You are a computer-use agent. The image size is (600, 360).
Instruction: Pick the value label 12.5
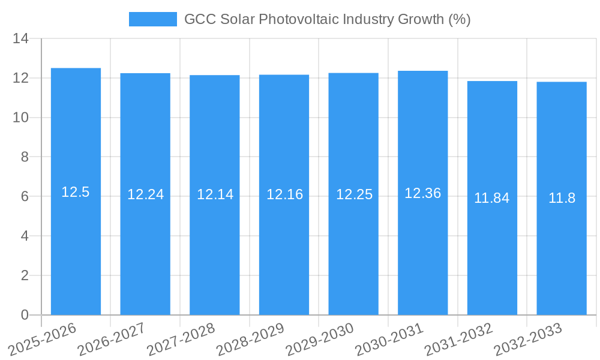click(76, 192)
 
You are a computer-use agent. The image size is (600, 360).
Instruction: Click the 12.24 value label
click(145, 194)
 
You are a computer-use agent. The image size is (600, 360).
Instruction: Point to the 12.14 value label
click(215, 194)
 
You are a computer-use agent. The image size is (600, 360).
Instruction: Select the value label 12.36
click(422, 193)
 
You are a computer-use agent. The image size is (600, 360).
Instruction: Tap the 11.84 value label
click(492, 198)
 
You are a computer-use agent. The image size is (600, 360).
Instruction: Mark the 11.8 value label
click(562, 198)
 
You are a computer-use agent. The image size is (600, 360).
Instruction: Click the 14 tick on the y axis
click(21, 39)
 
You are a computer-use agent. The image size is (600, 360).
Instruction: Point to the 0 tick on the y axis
click(25, 315)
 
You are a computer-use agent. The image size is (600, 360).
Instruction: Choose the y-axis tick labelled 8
click(25, 157)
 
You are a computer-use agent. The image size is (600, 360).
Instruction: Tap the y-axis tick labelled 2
click(25, 275)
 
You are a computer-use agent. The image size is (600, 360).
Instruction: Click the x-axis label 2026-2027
click(112, 340)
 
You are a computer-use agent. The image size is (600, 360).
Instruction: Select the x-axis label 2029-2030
click(320, 340)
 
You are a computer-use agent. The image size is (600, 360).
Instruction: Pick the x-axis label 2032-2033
click(528, 340)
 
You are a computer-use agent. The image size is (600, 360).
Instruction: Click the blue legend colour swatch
click(153, 19)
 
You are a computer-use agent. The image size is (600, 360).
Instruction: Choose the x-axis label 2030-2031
click(389, 340)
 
